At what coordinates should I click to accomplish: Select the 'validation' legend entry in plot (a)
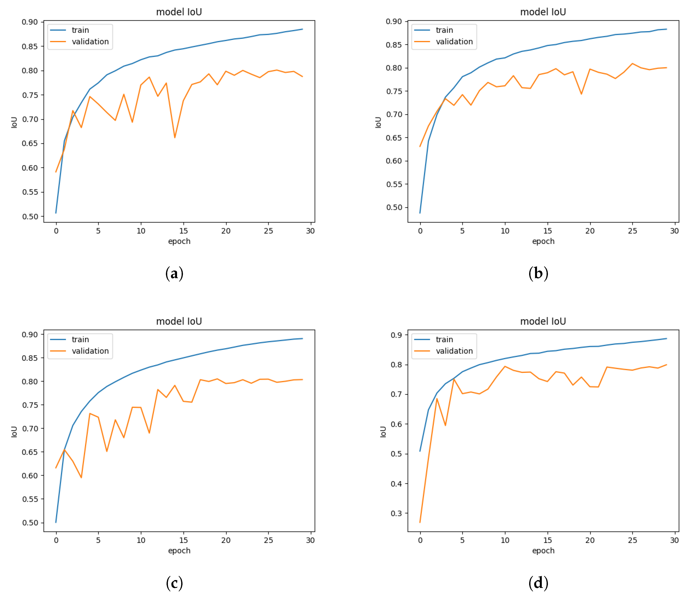(90, 42)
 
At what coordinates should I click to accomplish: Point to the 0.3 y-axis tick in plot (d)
(396, 513)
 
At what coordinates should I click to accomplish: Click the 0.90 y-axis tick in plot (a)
(30, 22)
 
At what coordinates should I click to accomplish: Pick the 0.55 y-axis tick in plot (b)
(394, 184)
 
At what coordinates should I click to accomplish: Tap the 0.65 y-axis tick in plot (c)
(30, 452)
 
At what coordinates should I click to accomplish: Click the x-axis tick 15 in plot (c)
(183, 540)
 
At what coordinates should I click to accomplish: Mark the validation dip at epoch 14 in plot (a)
(175, 137)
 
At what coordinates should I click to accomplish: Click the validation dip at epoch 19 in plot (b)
(581, 94)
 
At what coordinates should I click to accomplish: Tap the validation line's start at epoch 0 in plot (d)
(420, 522)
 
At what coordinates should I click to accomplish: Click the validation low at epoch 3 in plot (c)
(81, 478)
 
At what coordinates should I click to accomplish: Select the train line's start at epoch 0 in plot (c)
(56, 522)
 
